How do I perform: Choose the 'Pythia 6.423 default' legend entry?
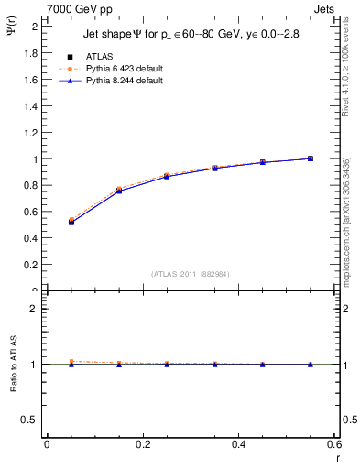[123, 69]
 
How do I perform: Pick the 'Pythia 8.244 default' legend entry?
[123, 81]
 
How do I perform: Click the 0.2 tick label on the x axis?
[142, 444]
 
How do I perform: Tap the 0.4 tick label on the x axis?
[238, 444]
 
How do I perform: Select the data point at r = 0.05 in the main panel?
[71, 222]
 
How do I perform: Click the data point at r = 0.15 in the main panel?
[119, 191]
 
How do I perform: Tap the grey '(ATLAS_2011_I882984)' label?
[191, 273]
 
